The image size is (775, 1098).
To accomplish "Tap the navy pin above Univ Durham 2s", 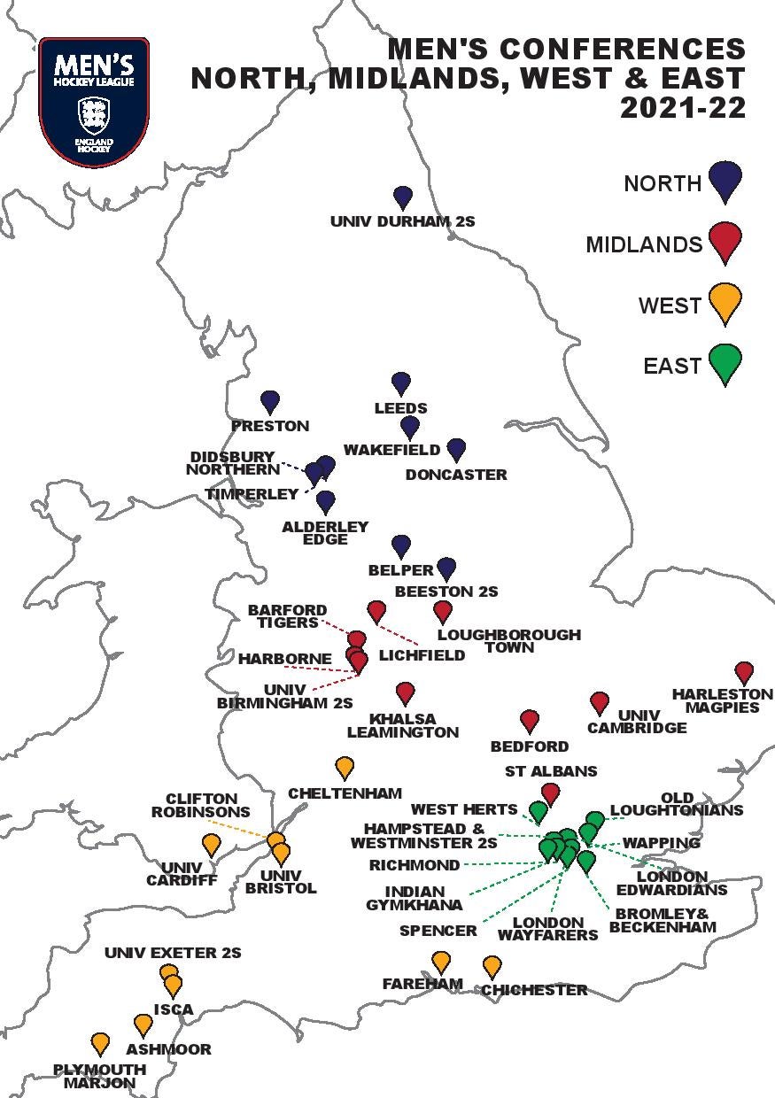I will tap(403, 197).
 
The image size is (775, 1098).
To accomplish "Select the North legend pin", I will tap(725, 180).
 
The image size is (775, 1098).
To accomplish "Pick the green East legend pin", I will tap(725, 363).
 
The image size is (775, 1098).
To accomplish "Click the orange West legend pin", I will tap(725, 302).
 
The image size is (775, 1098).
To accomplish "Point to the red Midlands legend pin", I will tap(725, 241).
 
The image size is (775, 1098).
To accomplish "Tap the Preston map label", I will tap(270, 426).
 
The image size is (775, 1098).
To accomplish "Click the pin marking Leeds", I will tap(401, 383).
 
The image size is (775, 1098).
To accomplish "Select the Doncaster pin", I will tap(456, 449).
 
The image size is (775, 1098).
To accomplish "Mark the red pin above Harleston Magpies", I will tap(744, 672).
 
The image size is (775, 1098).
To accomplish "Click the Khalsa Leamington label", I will tap(403, 725).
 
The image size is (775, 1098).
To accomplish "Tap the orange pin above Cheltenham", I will tap(345, 767).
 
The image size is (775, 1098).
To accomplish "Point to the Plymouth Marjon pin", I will tap(100, 1043).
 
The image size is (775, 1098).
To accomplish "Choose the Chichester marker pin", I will tap(492, 966).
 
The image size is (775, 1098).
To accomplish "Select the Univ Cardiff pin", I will tap(211, 844).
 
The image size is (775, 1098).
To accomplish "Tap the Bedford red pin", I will tap(530, 720).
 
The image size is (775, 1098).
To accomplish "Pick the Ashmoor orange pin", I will tap(143, 1025).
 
